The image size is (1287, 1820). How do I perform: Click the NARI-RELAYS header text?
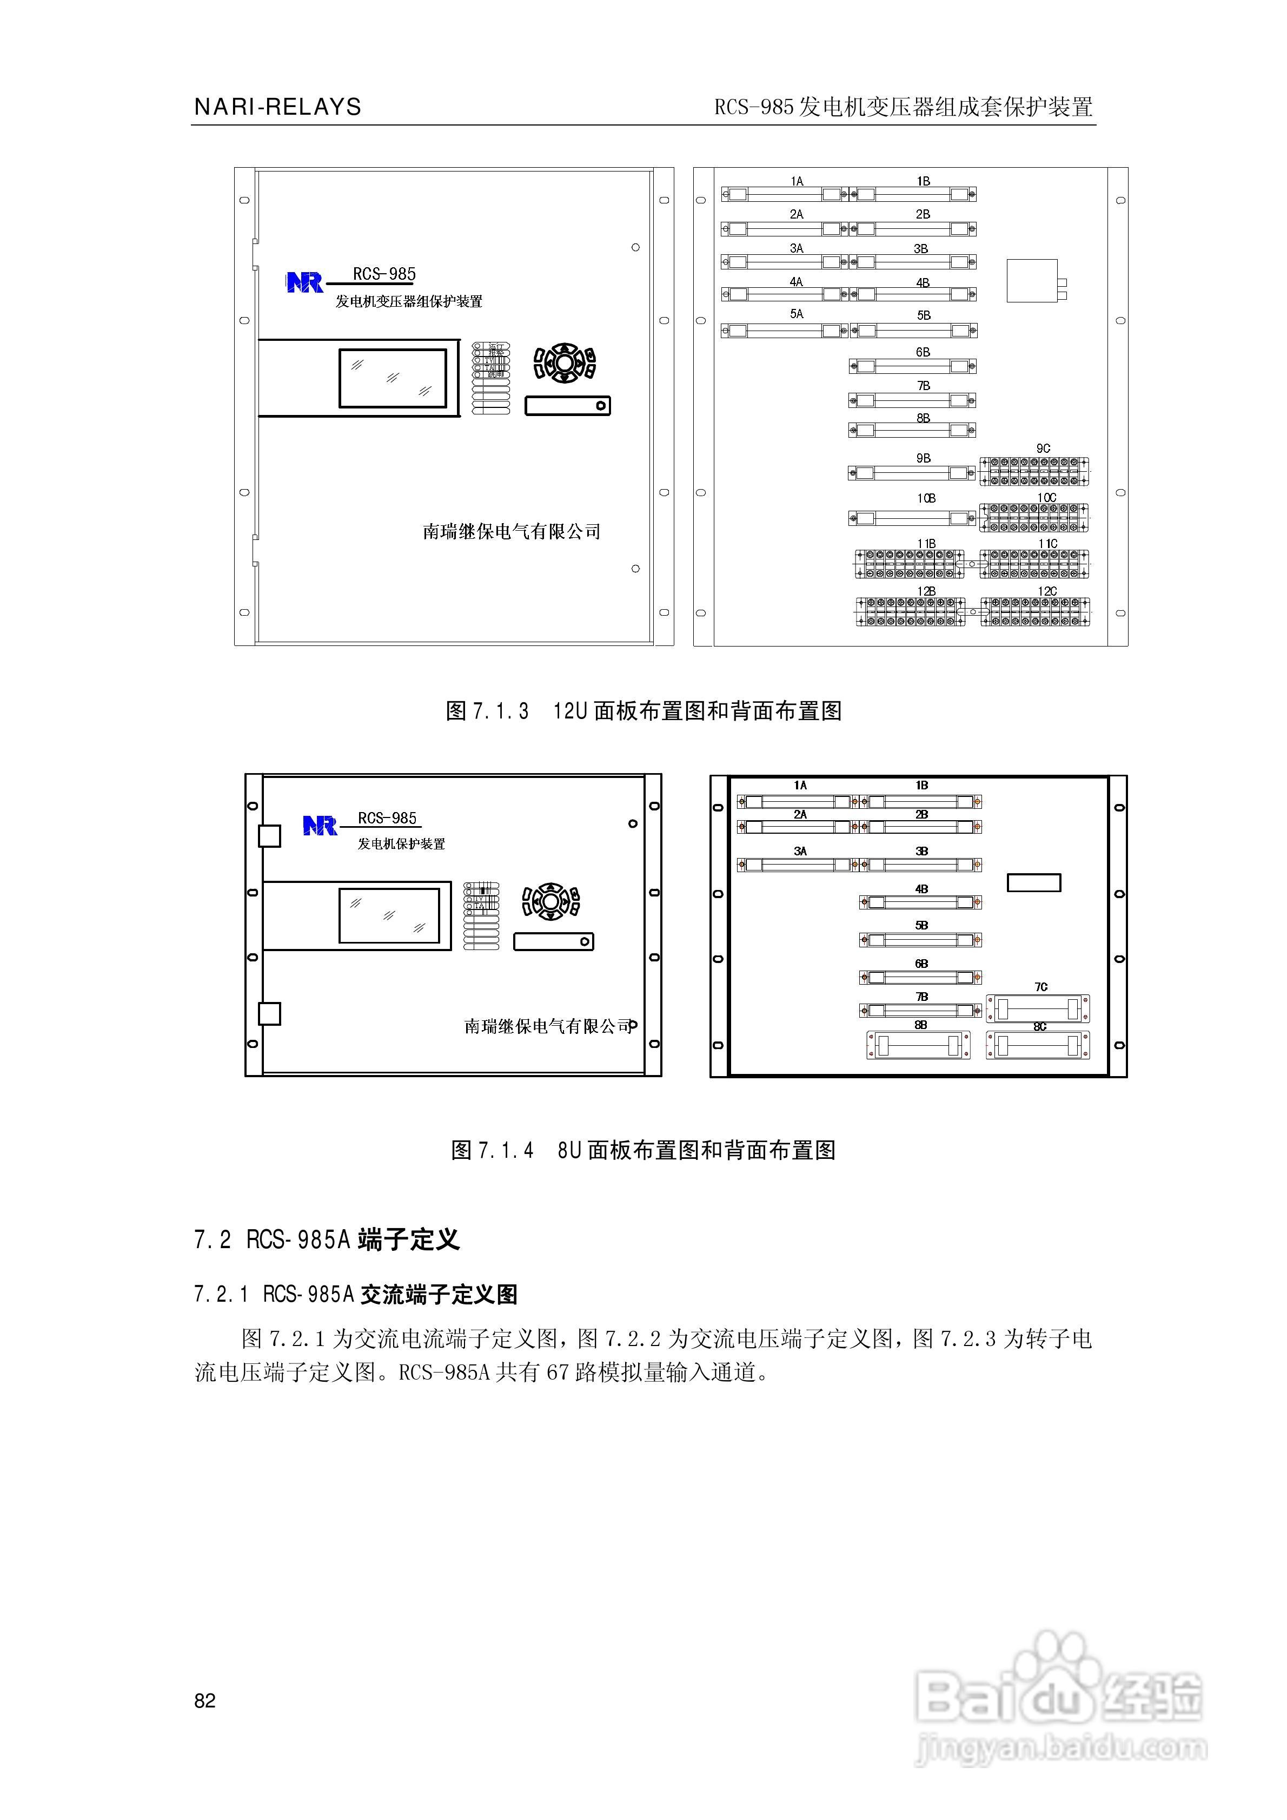(x=277, y=107)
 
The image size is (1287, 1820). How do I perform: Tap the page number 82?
(x=204, y=1700)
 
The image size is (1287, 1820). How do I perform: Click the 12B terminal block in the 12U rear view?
(x=911, y=612)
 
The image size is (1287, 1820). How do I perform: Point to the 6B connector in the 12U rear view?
(x=912, y=366)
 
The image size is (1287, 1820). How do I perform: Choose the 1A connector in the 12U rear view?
(x=784, y=194)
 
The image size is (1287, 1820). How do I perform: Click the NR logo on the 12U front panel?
(x=304, y=282)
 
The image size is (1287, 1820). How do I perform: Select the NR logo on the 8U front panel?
(x=320, y=826)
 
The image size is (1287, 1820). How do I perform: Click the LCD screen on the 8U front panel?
(x=389, y=915)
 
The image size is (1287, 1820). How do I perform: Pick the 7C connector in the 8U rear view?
(x=1038, y=1009)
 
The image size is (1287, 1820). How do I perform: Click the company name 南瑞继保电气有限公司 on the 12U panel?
(x=511, y=531)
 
